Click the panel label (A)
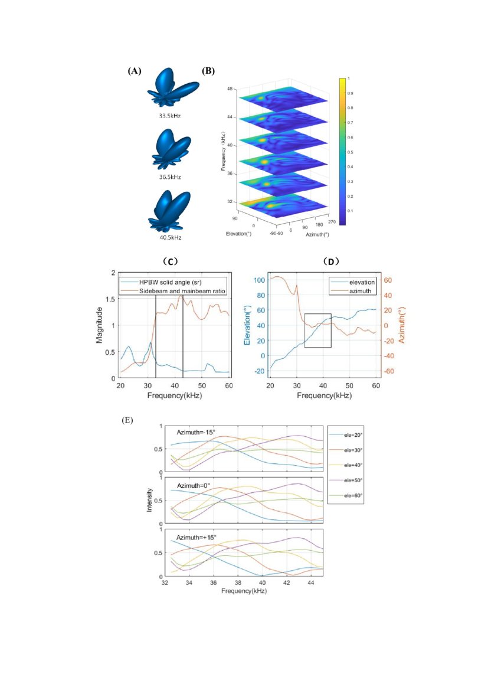pos(135,71)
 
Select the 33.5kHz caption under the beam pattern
pos(169,116)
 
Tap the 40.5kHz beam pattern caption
pos(169,237)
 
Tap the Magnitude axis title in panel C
pos(100,325)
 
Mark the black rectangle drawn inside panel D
pos(317,331)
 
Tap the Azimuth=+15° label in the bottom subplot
pos(196,537)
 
